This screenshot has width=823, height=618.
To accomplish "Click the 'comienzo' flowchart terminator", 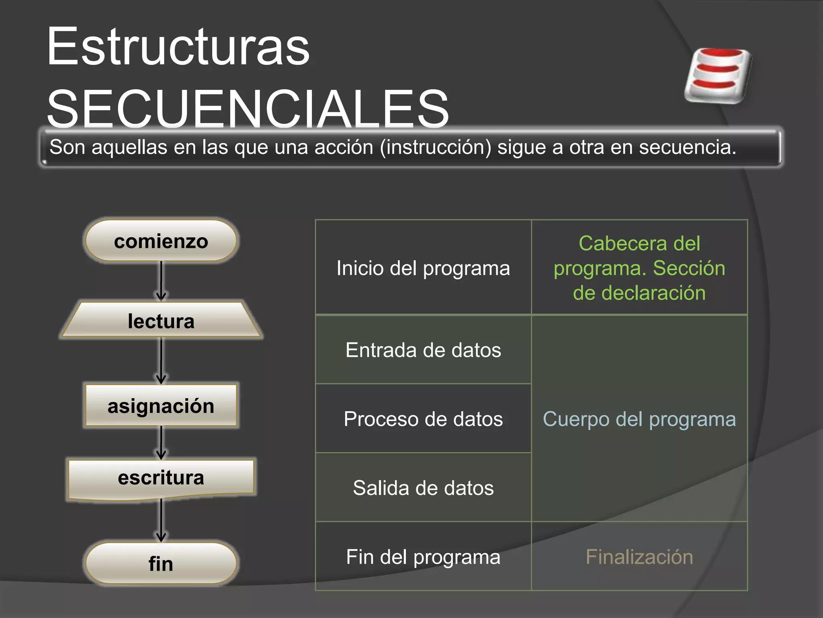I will click(x=161, y=241).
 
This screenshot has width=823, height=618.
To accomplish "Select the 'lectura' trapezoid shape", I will click(x=161, y=321).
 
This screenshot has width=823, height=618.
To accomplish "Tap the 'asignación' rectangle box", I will click(x=161, y=406).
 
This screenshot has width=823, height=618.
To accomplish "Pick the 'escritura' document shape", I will click(x=161, y=478).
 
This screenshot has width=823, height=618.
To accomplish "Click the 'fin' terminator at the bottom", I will click(x=161, y=563).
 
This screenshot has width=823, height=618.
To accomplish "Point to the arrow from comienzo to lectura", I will click(x=161, y=281).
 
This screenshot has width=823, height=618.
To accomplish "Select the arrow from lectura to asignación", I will click(x=161, y=360).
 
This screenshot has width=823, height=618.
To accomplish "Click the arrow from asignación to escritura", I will click(x=161, y=443).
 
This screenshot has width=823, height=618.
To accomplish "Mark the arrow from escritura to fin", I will click(x=161, y=520).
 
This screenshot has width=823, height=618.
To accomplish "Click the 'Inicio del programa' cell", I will click(x=423, y=268).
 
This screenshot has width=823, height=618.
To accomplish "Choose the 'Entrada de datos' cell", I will click(x=423, y=350).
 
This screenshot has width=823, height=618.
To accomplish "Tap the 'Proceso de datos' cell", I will click(x=423, y=419).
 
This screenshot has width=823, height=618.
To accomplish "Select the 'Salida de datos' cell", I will click(x=423, y=488).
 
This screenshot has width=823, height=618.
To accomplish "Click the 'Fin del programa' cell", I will click(x=423, y=557).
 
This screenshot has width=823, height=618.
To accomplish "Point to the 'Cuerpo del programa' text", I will click(x=639, y=419).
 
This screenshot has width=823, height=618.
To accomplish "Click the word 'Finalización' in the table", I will click(x=639, y=557).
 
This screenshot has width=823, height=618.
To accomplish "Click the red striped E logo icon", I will click(x=718, y=75).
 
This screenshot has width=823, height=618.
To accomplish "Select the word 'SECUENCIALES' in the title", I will click(x=248, y=109).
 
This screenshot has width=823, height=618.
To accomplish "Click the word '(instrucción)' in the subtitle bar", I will click(x=436, y=147).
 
